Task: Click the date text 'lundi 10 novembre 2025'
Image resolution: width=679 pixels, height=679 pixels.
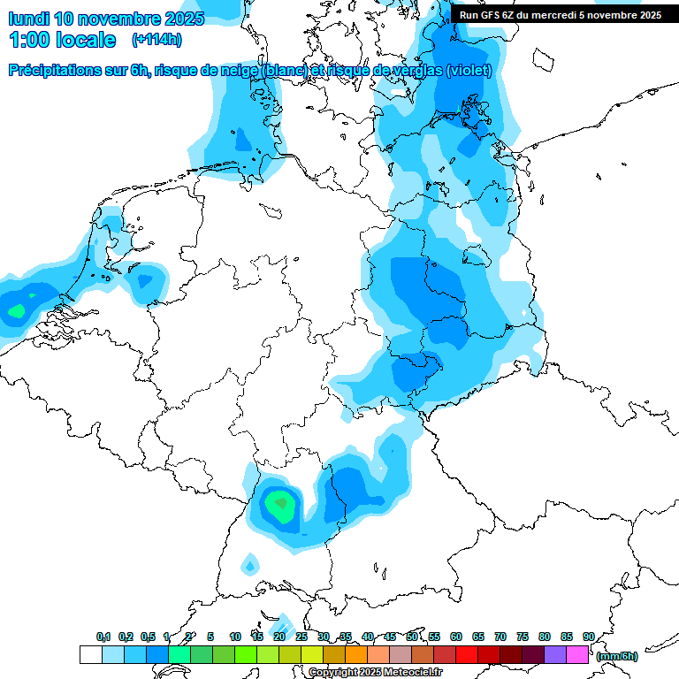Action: [x=106, y=18]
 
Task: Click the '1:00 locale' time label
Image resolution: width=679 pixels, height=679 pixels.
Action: [x=62, y=40]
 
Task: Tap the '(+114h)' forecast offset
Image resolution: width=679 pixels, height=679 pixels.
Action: [x=156, y=40]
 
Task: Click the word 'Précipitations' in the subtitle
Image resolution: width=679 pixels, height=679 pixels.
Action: [x=53, y=71]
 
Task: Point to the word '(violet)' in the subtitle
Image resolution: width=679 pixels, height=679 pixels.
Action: [x=469, y=71]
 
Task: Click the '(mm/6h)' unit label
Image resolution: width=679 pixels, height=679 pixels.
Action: [x=617, y=656]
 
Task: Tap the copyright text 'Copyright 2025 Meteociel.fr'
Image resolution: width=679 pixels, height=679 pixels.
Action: [x=376, y=673]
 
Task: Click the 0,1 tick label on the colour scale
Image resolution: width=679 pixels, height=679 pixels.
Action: [x=103, y=637]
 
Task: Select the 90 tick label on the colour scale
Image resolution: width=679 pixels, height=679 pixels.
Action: [x=588, y=637]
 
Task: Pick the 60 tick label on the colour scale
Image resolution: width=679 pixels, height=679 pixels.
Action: [x=456, y=637]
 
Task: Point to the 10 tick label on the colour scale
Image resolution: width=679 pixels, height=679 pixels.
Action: [x=235, y=637]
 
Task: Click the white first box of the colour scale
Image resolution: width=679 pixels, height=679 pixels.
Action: [x=90, y=654]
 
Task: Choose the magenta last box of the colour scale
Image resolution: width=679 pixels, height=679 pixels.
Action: [x=576, y=654]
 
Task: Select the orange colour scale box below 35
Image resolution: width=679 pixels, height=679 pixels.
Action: [x=355, y=654]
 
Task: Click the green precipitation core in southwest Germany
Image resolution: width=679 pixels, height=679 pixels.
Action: [x=281, y=504]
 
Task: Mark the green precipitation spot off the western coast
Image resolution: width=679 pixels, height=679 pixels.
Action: [x=16, y=310]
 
